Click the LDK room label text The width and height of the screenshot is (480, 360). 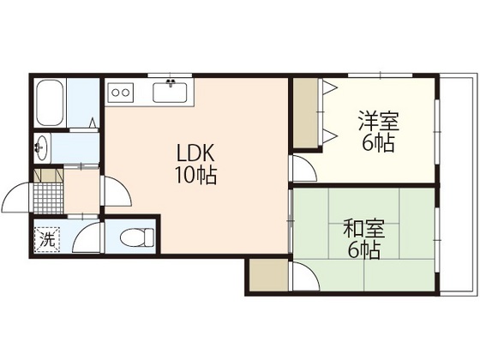tap(195, 153)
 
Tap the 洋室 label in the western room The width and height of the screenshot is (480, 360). tap(379, 121)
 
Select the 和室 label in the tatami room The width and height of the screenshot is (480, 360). tap(363, 230)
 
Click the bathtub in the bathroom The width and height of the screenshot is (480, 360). tap(50, 103)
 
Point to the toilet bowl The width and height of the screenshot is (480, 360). tap(137, 237)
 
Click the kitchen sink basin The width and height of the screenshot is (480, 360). tap(171, 93)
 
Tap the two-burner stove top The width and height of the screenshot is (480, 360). tap(120, 93)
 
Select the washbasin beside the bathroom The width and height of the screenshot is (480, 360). tap(41, 147)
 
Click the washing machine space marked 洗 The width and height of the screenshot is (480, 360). tap(47, 239)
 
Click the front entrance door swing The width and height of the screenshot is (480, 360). tap(16, 197)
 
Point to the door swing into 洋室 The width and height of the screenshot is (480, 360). tap(304, 168)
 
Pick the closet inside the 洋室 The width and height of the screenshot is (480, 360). tap(305, 113)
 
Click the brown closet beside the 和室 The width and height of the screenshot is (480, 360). tap(268, 275)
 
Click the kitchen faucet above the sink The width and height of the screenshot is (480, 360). tap(171, 82)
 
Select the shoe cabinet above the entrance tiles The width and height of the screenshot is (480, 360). tap(48, 175)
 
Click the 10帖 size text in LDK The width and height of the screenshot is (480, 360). tap(195, 176)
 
